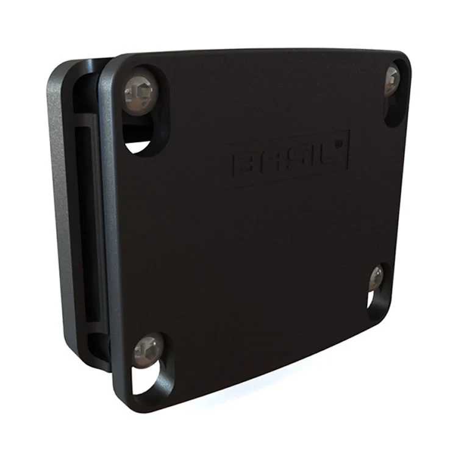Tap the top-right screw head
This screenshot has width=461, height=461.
pyautogui.click(x=392, y=81)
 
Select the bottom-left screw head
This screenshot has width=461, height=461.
pyautogui.click(x=148, y=351)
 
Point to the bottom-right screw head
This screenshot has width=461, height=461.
pyautogui.click(x=376, y=277)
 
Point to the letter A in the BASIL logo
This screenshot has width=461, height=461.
pyautogui.click(x=271, y=162)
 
